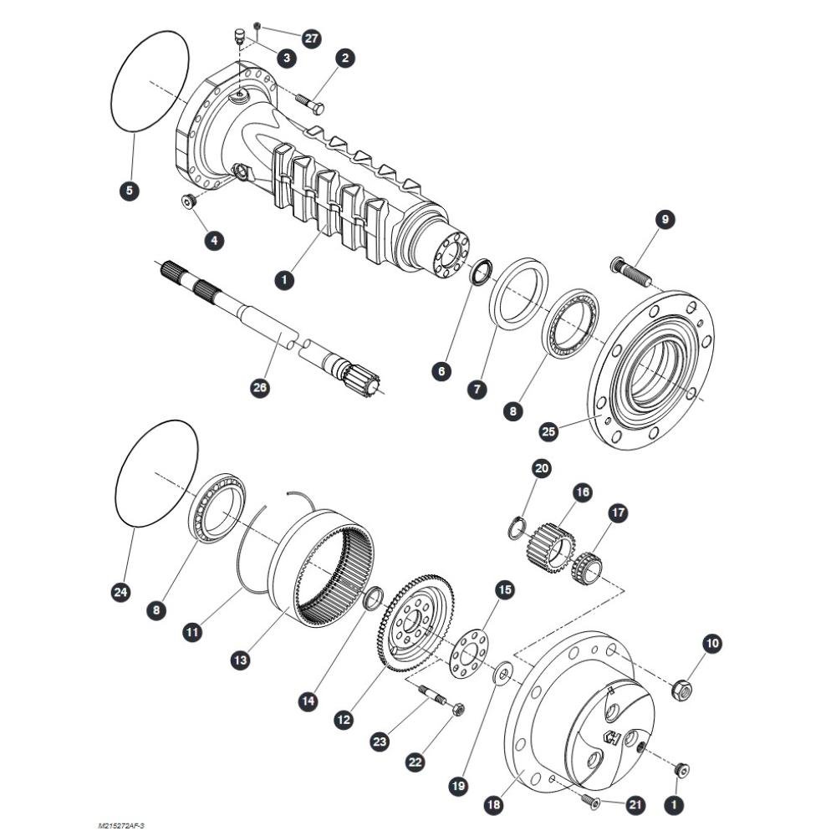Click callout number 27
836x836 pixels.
tap(311, 38)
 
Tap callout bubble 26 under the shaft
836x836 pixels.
tap(260, 387)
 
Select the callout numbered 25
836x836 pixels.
tap(548, 431)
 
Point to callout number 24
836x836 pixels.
tap(121, 592)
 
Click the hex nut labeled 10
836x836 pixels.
tap(683, 691)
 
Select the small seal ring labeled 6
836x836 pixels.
tap(482, 272)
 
